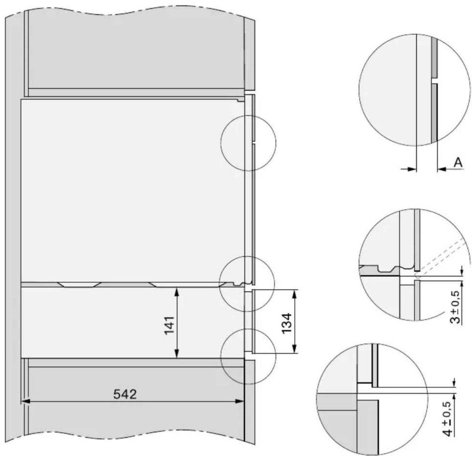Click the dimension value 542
click(x=125, y=394)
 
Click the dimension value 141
click(x=169, y=325)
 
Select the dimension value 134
click(x=287, y=323)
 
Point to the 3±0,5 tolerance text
click(x=455, y=307)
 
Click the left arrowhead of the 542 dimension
click(x=26, y=401)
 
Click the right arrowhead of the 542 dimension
click(x=239, y=401)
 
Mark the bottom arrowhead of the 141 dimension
click(x=177, y=354)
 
